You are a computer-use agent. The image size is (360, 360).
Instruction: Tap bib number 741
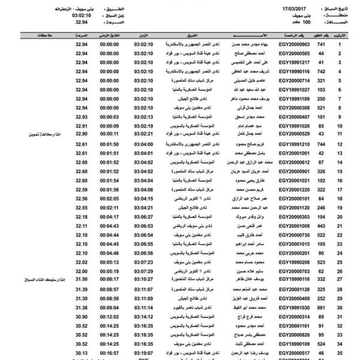[322, 44]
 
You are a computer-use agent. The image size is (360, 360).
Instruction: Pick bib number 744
[322, 144]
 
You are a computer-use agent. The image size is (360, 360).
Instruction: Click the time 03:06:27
[145, 216]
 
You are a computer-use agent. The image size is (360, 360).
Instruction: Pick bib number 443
[322, 225]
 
